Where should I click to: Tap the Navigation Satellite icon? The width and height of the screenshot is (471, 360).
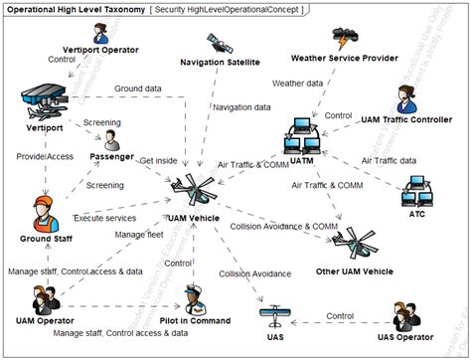[217, 44]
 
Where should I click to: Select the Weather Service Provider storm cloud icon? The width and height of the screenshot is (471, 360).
[345, 41]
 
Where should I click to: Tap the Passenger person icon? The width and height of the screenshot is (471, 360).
[112, 138]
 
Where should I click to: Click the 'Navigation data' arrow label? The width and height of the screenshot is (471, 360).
[241, 106]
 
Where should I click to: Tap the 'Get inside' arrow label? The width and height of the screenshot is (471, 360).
[160, 160]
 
